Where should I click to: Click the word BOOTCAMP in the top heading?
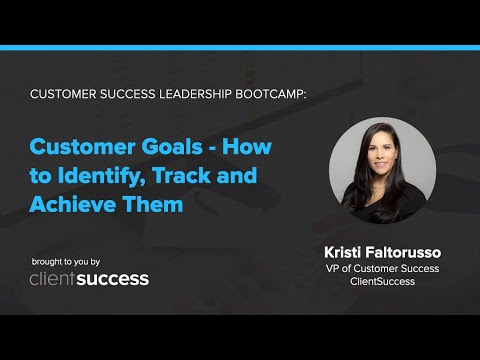click(x=269, y=93)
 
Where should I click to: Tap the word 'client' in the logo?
click(x=56, y=278)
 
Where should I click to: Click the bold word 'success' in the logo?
click(x=116, y=278)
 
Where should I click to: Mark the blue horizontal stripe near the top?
click(x=240, y=47)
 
